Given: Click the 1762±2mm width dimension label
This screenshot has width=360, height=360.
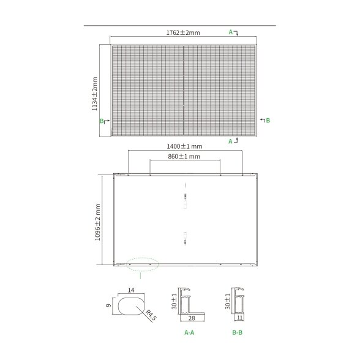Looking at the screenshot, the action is (x=183, y=32).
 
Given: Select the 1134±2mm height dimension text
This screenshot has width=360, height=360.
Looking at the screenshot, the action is (x=95, y=94).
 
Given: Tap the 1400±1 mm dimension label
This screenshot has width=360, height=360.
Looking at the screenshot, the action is (x=184, y=146).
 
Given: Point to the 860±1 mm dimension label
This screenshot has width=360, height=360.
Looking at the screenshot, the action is (x=184, y=156).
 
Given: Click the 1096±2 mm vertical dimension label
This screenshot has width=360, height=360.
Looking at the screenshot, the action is (x=97, y=222).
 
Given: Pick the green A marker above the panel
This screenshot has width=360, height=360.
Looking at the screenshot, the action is (x=231, y=32).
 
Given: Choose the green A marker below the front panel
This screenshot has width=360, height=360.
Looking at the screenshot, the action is (x=230, y=141).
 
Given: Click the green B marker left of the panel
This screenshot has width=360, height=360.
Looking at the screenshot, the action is (x=102, y=121).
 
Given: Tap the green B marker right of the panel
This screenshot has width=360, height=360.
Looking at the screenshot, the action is (x=268, y=120).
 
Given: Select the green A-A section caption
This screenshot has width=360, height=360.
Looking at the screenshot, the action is (x=189, y=332).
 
